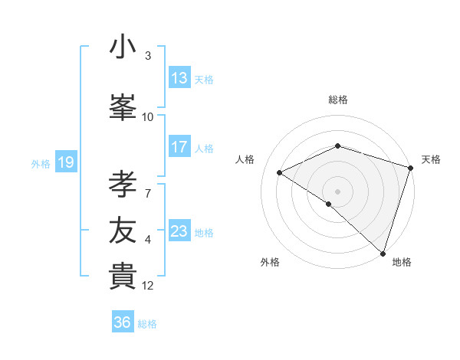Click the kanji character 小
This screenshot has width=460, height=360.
[123, 47]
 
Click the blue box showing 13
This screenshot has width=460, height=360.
[179, 79]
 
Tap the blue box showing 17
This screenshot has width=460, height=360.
[179, 148]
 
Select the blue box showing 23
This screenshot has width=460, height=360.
[179, 232]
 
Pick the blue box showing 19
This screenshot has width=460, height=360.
[65, 162]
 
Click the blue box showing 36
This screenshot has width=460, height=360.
[123, 322]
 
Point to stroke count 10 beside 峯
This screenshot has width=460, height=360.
[148, 117]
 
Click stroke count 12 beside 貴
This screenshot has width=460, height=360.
[148, 286]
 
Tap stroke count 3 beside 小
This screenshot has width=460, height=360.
[148, 56]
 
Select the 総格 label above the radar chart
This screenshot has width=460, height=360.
[338, 100]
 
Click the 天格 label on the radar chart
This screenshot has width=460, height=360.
[432, 159]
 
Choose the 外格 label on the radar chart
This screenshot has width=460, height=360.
[270, 262]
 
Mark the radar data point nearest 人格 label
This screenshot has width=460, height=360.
[280, 173]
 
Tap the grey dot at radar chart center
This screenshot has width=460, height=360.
[337, 191]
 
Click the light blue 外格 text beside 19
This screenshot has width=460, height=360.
[40, 163]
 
